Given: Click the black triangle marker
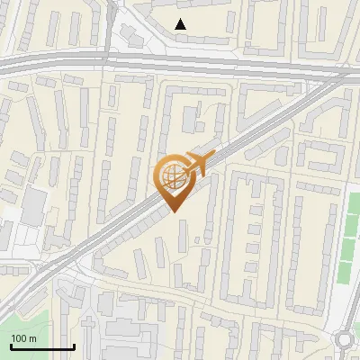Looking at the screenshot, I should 181,24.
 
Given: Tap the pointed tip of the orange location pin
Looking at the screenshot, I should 173,212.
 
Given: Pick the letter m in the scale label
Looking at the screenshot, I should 32,338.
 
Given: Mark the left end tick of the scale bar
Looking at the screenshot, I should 10,346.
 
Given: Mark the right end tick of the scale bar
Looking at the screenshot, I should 74,346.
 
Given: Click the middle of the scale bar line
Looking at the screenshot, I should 41,347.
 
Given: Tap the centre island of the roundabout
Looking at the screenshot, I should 346,339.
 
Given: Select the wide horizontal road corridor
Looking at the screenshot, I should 180,65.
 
